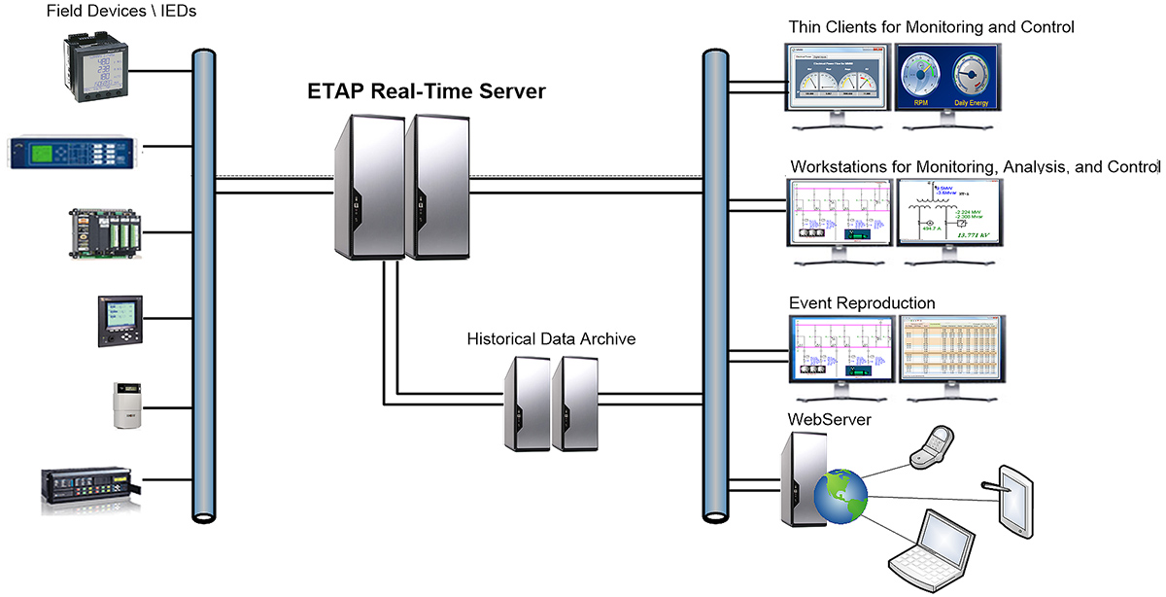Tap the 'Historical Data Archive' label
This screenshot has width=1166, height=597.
pyautogui.click(x=551, y=339)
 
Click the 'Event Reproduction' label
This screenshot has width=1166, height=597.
pyautogui.click(x=862, y=303)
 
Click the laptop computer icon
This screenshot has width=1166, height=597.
pyautogui.click(x=934, y=551)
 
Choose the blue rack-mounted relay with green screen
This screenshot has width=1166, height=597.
pyautogui.click(x=74, y=153)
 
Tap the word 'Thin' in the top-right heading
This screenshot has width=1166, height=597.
pyautogui.click(x=806, y=27)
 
